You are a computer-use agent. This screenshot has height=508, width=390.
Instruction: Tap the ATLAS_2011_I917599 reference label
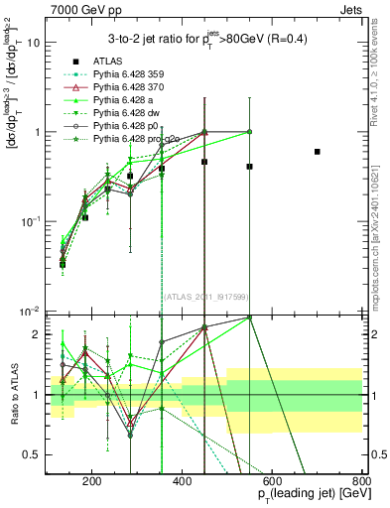point(205,299)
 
